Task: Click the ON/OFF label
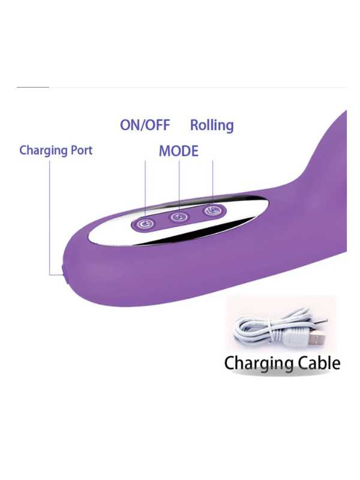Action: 145,125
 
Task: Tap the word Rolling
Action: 212,125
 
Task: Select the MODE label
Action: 178,151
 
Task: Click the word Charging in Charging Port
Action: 43,151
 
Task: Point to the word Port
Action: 82,151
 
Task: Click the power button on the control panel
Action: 143,224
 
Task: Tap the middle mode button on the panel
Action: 179,217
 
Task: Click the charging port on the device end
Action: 64,271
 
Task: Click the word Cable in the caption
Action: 319,364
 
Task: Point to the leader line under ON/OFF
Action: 145,190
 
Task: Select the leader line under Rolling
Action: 212,183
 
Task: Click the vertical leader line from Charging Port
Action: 50,218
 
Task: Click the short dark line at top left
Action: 33,87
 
